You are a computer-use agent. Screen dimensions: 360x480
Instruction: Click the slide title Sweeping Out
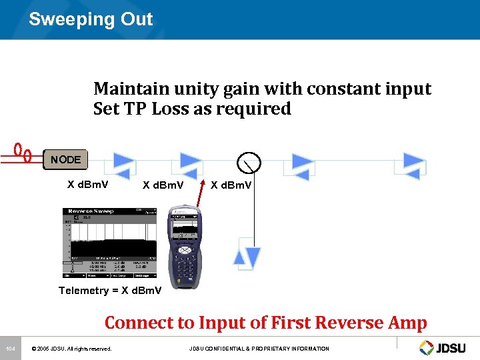click(x=91, y=19)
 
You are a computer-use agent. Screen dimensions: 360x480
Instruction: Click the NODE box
click(x=65, y=160)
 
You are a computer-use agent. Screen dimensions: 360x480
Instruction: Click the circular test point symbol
click(x=248, y=161)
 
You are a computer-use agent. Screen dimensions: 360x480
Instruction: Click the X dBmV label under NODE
click(x=89, y=185)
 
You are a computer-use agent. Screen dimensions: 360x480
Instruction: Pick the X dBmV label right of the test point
click(x=231, y=185)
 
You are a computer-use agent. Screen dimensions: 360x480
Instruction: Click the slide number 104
click(x=10, y=349)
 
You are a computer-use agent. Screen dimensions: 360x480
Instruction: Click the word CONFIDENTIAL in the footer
click(x=232, y=349)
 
